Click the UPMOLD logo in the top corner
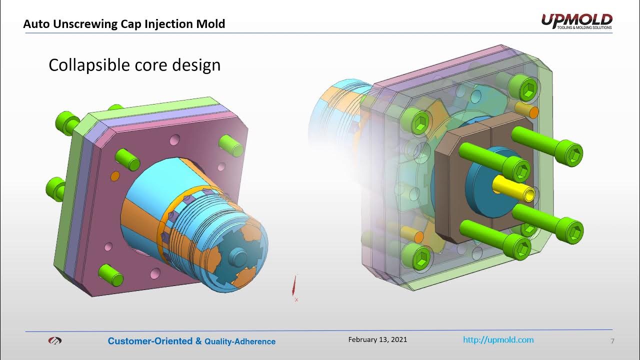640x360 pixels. [x=576, y=21]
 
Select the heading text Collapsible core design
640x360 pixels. [x=134, y=65]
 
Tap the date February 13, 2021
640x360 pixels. [x=377, y=339]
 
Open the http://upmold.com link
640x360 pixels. [x=498, y=340]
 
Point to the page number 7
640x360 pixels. [x=612, y=341]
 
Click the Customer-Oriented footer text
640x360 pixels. [x=150, y=341]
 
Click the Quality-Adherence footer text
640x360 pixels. [x=240, y=341]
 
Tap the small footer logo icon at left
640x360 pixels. [x=54, y=341]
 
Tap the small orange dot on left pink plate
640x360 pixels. [x=114, y=176]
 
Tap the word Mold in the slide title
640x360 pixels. [x=212, y=24]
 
